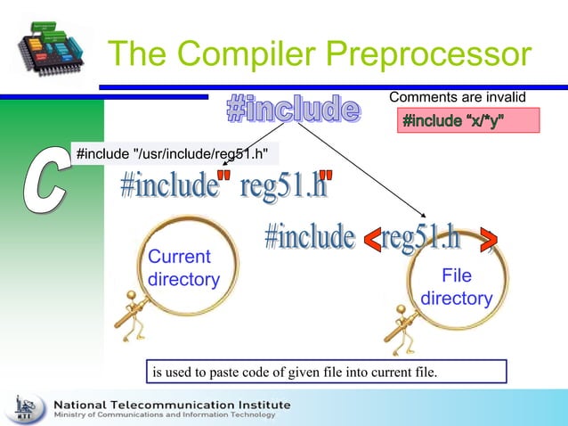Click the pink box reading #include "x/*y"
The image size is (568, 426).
467,120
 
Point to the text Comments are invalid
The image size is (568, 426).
458,96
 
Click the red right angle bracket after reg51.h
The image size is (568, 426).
488,238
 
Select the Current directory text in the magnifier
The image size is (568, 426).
183,268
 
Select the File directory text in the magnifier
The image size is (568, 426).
457,287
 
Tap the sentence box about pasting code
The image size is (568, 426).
327,371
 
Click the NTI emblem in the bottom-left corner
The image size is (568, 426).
26,408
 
